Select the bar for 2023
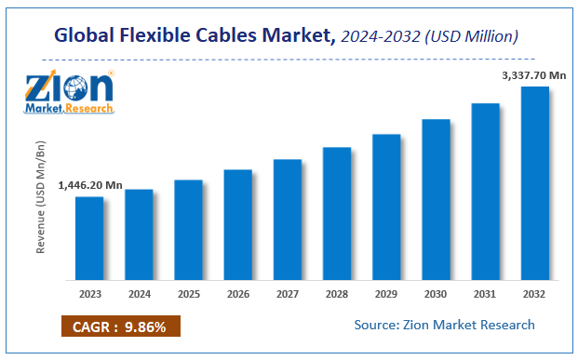point(89,238)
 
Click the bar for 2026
point(238,224)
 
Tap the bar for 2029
point(386,207)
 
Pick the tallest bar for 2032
point(534,183)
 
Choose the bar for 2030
point(436,199)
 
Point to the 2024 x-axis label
point(139,293)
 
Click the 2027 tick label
point(287,293)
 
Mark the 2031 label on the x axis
point(485,293)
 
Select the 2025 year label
point(188,293)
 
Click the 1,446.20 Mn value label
point(89,185)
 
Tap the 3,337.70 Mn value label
point(532,74)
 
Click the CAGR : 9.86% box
point(120,327)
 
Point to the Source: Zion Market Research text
point(445,325)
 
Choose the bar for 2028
point(337,213)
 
